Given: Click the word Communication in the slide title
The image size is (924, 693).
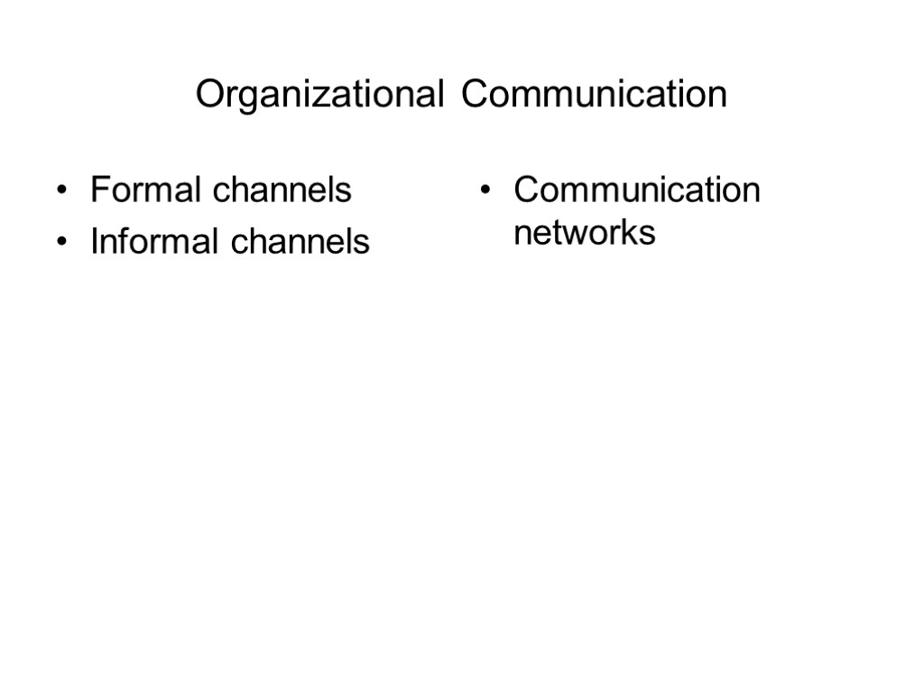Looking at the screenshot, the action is pyautogui.click(x=594, y=95).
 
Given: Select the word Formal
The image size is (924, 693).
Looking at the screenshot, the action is pyautogui.click(x=146, y=190).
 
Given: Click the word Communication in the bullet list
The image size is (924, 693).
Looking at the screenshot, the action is pyautogui.click(x=637, y=190).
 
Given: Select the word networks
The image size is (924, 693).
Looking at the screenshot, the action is pyautogui.click(x=584, y=233).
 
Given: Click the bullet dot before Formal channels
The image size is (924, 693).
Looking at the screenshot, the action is pyautogui.click(x=61, y=192).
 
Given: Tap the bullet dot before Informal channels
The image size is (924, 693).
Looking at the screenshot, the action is pyautogui.click(x=61, y=244).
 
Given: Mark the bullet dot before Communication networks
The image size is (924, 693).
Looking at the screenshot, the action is pyautogui.click(x=485, y=192).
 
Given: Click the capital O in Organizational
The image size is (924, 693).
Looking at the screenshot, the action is pyautogui.click(x=209, y=95).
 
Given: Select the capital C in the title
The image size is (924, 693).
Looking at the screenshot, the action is pyautogui.click(x=473, y=95).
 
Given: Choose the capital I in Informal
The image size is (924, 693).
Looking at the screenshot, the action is pyautogui.click(x=94, y=242).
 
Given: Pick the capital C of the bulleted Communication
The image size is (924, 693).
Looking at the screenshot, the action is pyautogui.click(x=526, y=190).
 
